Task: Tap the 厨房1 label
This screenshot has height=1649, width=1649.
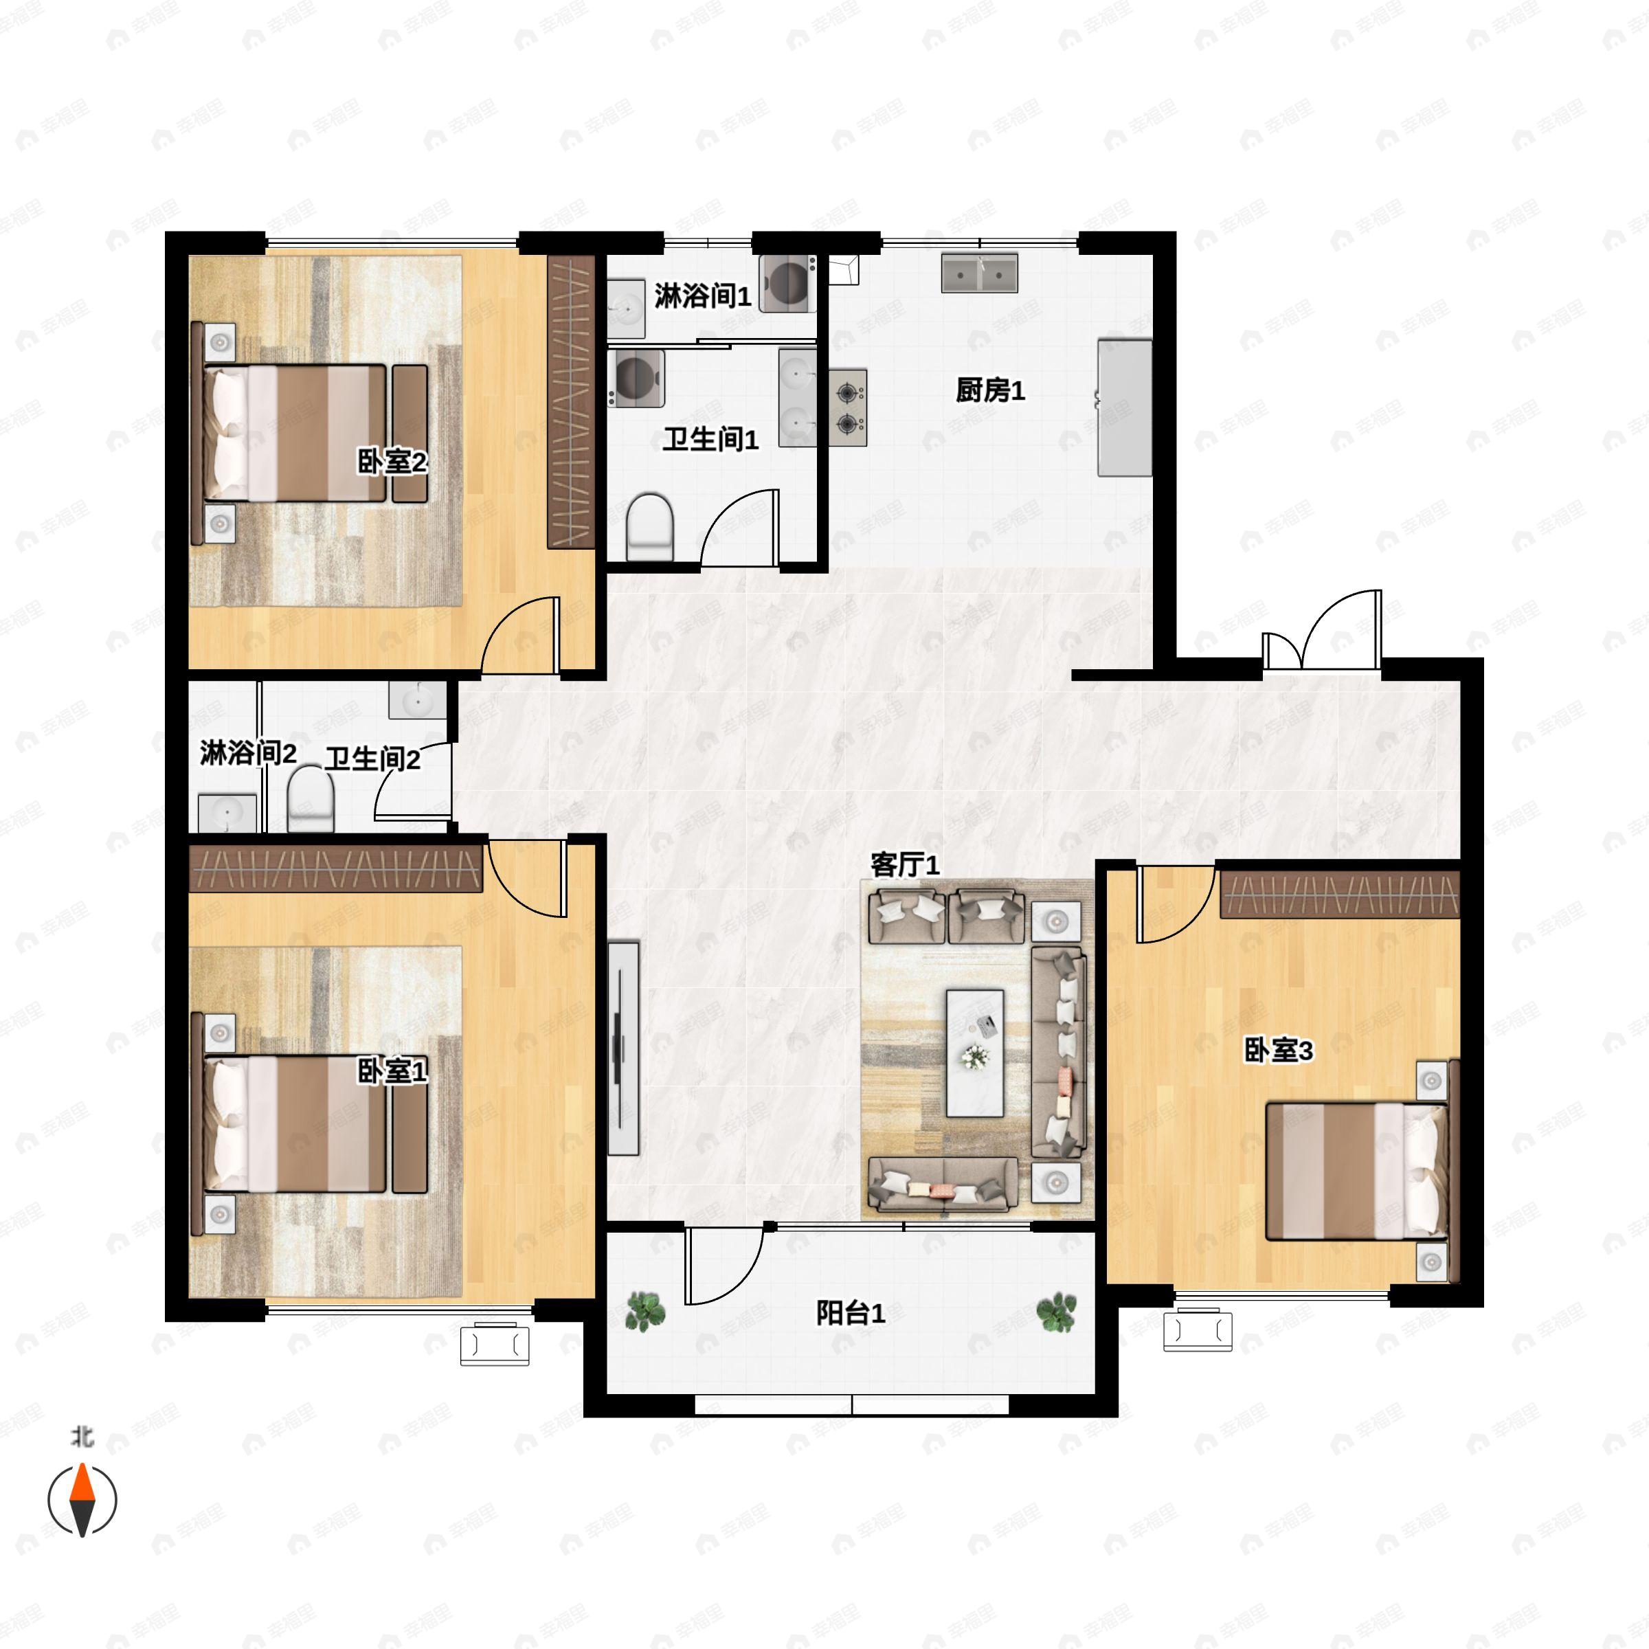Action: (x=990, y=391)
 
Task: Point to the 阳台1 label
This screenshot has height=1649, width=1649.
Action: (x=851, y=1313)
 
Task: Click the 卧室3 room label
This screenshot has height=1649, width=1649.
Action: (x=1279, y=1051)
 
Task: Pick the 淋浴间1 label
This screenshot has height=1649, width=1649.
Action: (x=702, y=296)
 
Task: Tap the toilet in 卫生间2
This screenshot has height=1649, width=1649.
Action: (x=311, y=799)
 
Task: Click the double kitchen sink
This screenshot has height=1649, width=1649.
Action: (x=980, y=272)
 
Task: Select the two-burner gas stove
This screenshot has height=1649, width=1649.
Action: (x=846, y=408)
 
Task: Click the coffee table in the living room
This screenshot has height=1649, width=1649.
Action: (x=975, y=1053)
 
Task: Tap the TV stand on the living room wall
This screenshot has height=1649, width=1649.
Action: (x=624, y=1048)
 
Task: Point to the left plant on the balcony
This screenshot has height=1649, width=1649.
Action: (x=645, y=1311)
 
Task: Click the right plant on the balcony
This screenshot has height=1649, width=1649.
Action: (x=1057, y=1311)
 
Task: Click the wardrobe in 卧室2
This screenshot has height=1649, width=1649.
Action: (x=571, y=401)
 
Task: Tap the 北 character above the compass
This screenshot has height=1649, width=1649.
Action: (x=82, y=1438)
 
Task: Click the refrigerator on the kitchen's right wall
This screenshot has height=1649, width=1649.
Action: (x=1125, y=407)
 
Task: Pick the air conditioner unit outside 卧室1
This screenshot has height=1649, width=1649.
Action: (x=494, y=1345)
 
